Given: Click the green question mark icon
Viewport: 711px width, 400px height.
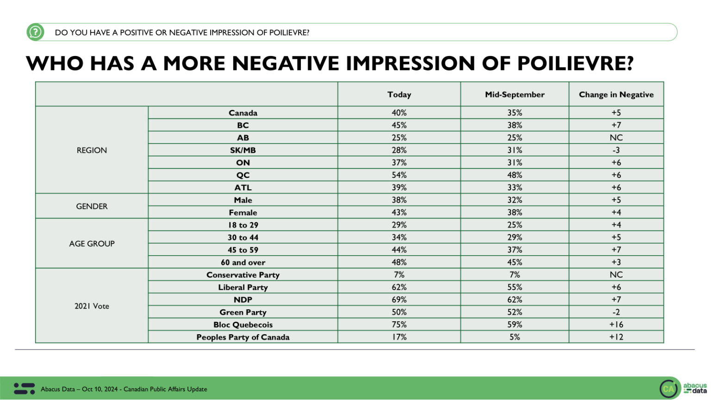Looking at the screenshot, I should pyautogui.click(x=35, y=32).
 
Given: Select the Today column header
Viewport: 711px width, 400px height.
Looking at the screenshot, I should pyautogui.click(x=399, y=94).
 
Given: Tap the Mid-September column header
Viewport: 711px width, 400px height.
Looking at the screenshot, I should pyautogui.click(x=515, y=94).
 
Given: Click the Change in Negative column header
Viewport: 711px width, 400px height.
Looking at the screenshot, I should pyautogui.click(x=616, y=94).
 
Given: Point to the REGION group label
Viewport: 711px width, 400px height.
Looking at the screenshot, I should pyautogui.click(x=92, y=150).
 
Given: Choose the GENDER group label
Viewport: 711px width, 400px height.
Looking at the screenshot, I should pyautogui.click(x=92, y=206).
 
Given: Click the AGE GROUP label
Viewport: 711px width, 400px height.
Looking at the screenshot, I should pyautogui.click(x=92, y=244).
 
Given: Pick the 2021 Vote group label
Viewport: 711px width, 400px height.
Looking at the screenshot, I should pyautogui.click(x=92, y=306).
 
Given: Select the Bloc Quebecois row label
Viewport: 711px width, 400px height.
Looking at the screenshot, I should pyautogui.click(x=243, y=325).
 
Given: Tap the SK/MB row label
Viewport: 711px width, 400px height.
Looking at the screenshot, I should pyautogui.click(x=243, y=150).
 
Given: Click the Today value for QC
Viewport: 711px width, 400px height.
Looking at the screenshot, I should pyautogui.click(x=399, y=175).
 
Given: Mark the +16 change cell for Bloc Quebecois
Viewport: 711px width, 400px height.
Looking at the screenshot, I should pyautogui.click(x=616, y=325).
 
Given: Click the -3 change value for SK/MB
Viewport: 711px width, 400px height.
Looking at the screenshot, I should pyautogui.click(x=616, y=150).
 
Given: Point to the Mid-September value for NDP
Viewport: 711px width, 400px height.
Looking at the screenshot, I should pyautogui.click(x=515, y=300).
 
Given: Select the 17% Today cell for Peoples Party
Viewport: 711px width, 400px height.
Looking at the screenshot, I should pyautogui.click(x=399, y=337).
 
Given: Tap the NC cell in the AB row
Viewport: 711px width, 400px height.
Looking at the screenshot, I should pyautogui.click(x=616, y=137).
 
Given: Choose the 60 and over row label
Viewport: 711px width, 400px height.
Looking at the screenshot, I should pyautogui.click(x=243, y=262).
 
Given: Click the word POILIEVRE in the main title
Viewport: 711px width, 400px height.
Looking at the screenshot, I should pyautogui.click(x=574, y=63).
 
